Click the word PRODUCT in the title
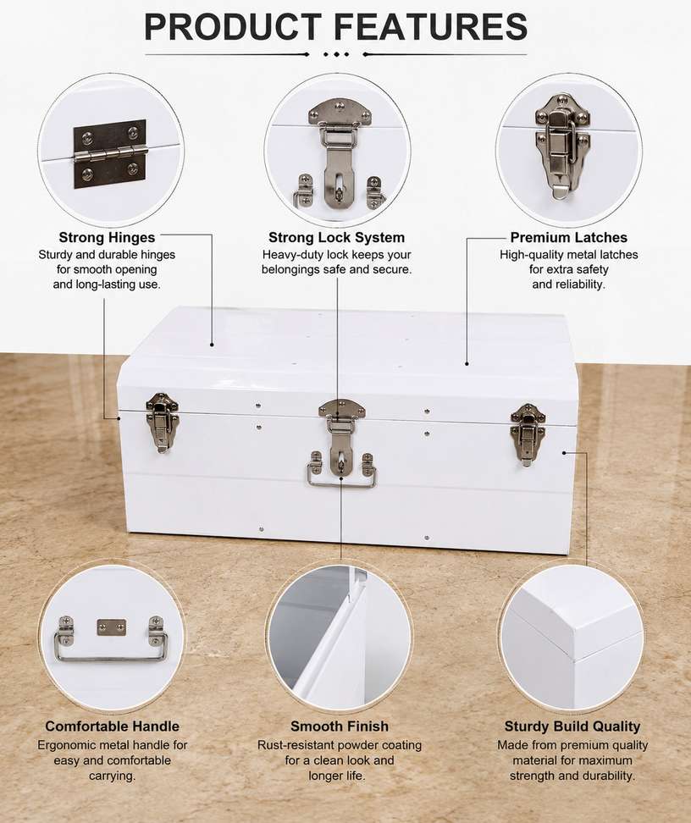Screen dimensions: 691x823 233,27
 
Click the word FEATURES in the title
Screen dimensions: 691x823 430,27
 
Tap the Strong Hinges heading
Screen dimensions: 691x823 107,237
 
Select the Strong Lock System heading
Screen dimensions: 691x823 336,237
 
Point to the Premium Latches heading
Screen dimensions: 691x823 569,237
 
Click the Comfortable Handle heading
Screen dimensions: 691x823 113,726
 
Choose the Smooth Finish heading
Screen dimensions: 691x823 340,726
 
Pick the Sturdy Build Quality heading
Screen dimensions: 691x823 572,726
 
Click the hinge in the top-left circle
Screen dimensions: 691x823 110,154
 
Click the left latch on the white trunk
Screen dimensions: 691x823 163,423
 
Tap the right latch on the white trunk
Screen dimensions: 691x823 528,434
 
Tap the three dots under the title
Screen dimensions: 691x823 336,54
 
